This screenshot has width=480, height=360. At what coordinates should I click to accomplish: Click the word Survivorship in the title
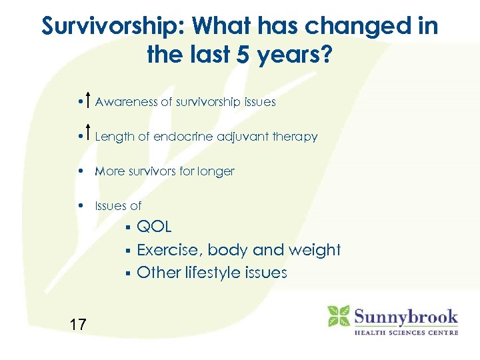pyautogui.click(x=113, y=27)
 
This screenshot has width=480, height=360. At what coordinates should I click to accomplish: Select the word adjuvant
pyautogui.click(x=237, y=137)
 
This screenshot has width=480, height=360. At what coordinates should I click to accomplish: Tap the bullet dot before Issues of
pyautogui.click(x=79, y=205)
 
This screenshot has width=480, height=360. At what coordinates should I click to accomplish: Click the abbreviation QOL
pyautogui.click(x=154, y=227)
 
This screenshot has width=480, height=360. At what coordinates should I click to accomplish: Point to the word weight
pyautogui.click(x=315, y=250)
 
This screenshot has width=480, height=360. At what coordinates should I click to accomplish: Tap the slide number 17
pyautogui.click(x=77, y=325)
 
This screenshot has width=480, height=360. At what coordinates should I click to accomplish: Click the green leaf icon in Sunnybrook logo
pyautogui.click(x=339, y=315)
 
